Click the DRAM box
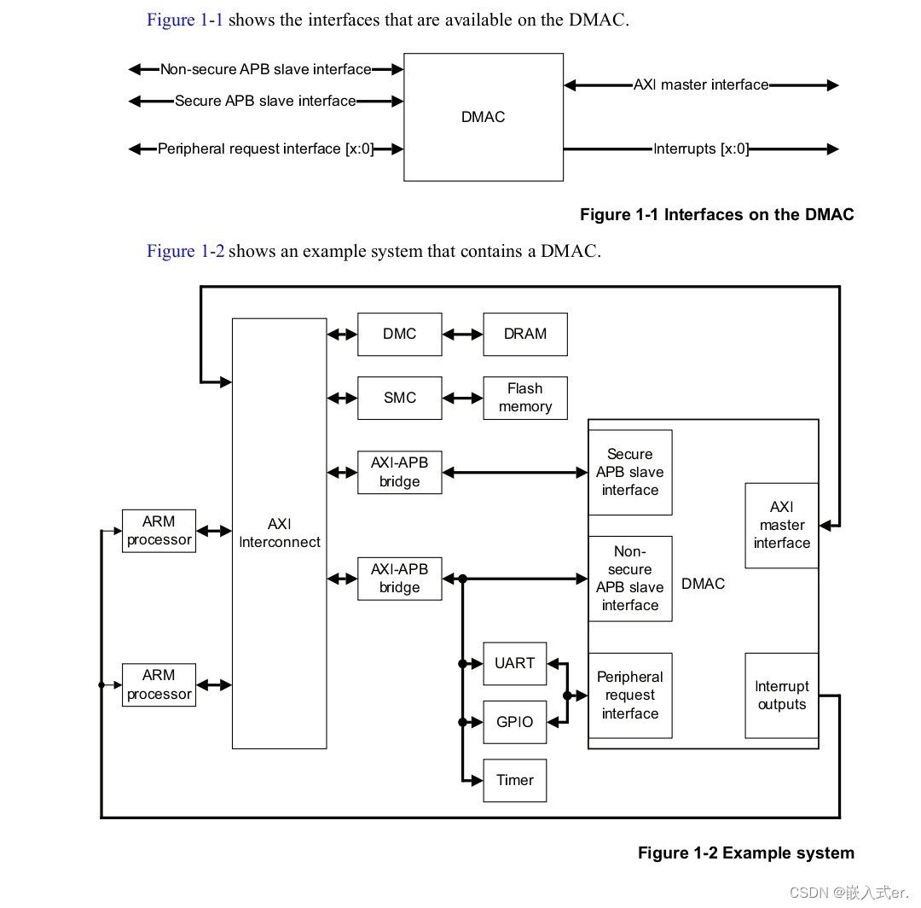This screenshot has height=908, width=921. pos(524,334)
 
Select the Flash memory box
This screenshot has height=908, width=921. pos(524,398)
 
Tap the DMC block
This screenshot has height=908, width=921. pos(399,334)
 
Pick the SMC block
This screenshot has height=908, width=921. pos(399,398)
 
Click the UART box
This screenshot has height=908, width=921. pos(514,663)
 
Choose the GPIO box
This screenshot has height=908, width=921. pos(514,722)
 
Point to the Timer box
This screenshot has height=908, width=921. pos(514,780)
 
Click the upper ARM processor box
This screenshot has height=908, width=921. pos(159,531)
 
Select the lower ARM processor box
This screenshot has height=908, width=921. pos(159,684)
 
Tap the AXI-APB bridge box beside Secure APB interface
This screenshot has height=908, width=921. pos(399,472)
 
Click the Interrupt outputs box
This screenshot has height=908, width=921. pos(781,696)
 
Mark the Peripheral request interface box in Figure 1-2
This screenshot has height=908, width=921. pos(629,695)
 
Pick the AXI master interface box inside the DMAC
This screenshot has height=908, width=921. pos(781,525)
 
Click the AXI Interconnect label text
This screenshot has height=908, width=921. pos(280,533)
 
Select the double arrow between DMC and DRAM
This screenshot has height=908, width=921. pos(462,335)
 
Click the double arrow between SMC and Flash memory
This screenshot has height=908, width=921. pos(462,398)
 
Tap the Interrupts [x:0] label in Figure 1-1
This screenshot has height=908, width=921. pos(700,148)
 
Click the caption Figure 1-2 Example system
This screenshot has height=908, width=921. pos(745,853)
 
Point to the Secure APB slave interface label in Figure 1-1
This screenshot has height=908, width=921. pos(265,101)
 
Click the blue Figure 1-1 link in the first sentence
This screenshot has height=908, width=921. pos(185,20)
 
